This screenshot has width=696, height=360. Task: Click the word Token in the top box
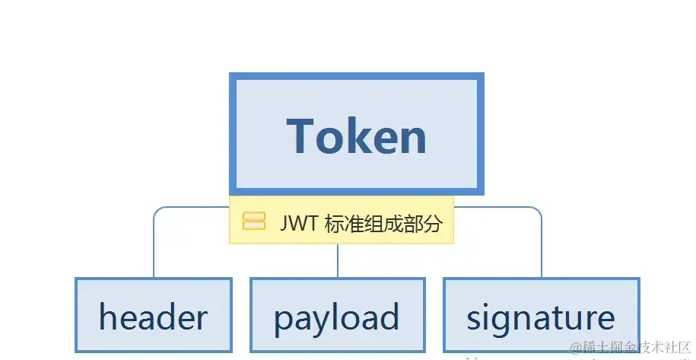357,135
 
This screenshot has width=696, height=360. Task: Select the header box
154,315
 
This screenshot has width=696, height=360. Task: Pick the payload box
338,315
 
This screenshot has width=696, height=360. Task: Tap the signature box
542,315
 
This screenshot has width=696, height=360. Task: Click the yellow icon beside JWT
254,221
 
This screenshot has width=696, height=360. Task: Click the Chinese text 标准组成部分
383,223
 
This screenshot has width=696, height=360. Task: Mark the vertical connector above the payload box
338,260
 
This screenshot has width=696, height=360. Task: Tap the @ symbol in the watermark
576,348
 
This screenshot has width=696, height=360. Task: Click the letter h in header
107,316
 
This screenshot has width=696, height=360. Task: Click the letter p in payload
283,323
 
